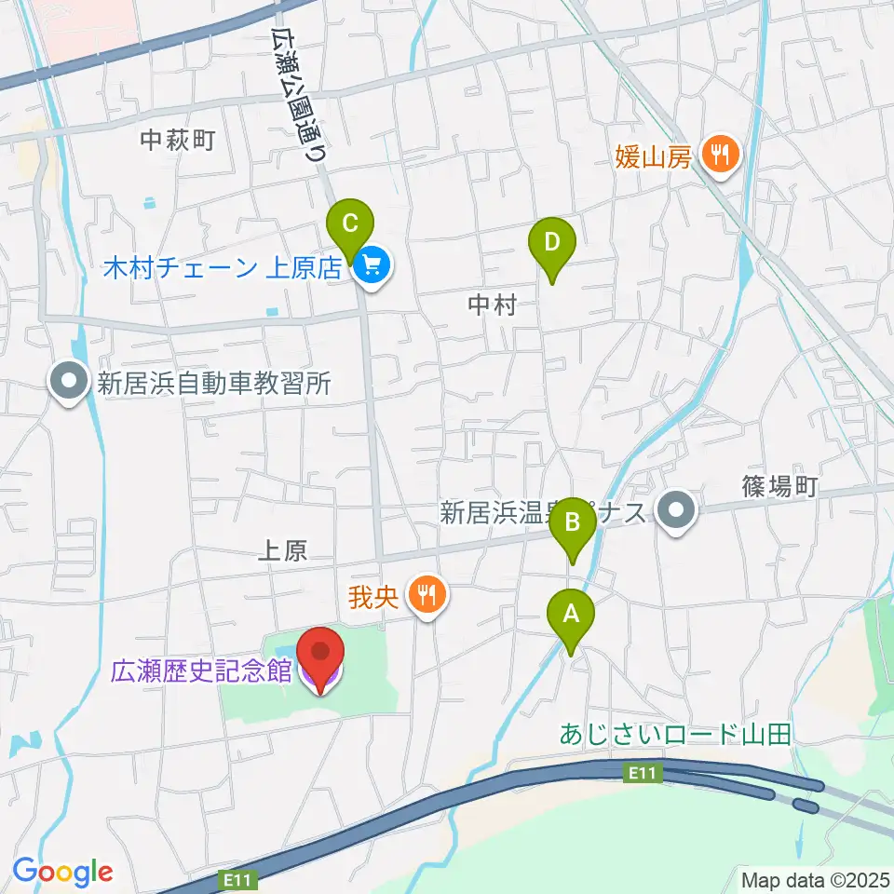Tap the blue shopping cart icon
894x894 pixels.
pyautogui.click(x=373, y=267)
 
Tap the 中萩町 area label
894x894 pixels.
pyautogui.click(x=178, y=141)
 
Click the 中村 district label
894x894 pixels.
pyautogui.click(x=491, y=305)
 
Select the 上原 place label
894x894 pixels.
pyautogui.click(x=281, y=551)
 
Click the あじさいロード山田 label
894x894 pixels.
pyautogui.click(x=675, y=734)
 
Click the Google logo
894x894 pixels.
pyautogui.click(x=62, y=873)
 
